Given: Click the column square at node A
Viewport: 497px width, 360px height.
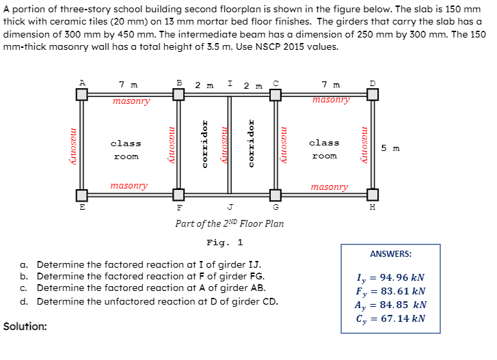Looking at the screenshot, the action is [x=82, y=94].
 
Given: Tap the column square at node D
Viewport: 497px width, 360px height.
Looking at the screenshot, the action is [x=373, y=94].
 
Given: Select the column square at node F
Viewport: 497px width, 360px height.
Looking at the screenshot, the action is [x=178, y=195].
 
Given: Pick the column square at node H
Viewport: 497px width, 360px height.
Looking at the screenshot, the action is [x=373, y=195].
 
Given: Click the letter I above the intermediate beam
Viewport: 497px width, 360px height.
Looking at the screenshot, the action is [x=230, y=83].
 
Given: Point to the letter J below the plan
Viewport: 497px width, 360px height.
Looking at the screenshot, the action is [x=230, y=207].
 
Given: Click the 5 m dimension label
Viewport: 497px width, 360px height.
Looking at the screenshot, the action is [x=390, y=148].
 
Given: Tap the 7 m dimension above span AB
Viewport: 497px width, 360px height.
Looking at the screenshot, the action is [x=129, y=85].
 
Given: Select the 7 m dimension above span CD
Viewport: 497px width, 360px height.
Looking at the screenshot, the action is [x=331, y=85].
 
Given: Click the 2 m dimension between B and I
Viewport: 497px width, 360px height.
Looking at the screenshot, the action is [x=204, y=85].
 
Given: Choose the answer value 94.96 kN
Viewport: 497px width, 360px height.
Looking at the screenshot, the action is [x=402, y=277].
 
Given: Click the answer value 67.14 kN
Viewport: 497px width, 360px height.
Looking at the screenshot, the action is [x=403, y=318].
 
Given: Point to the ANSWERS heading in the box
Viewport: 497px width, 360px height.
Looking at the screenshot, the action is [x=391, y=254].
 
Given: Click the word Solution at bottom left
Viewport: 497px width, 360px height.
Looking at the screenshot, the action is [x=25, y=327].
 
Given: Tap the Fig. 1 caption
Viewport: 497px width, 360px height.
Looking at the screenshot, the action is [x=225, y=243].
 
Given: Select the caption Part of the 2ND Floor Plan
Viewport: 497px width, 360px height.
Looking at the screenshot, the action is [x=230, y=223].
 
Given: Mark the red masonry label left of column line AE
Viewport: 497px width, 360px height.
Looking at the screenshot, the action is [x=73, y=146].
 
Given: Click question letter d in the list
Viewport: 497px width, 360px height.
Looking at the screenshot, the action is [x=23, y=301].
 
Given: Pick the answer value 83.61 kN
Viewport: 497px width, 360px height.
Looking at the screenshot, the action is [x=403, y=291].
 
